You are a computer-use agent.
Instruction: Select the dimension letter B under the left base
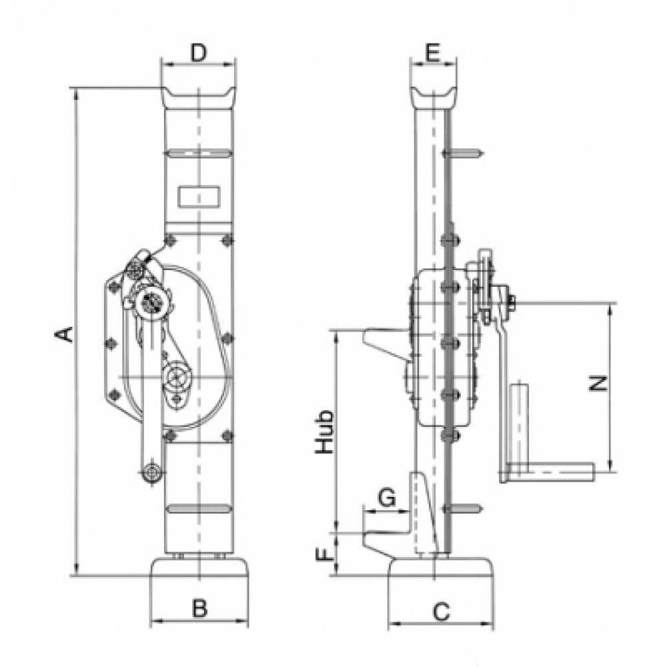click(199, 608)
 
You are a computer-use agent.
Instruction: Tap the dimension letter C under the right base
click(441, 612)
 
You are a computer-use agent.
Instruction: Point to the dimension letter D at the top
click(198, 53)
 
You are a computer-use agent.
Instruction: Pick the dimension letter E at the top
click(432, 53)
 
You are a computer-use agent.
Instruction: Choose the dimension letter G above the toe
click(387, 498)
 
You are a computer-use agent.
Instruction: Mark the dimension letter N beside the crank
click(598, 384)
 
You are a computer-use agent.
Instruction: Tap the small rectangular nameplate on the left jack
click(199, 197)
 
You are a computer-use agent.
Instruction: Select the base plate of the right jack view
click(441, 567)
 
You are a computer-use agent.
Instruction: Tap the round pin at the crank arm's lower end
click(152, 472)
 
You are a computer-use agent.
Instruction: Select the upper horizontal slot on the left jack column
click(198, 152)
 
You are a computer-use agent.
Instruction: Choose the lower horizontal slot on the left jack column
click(198, 508)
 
